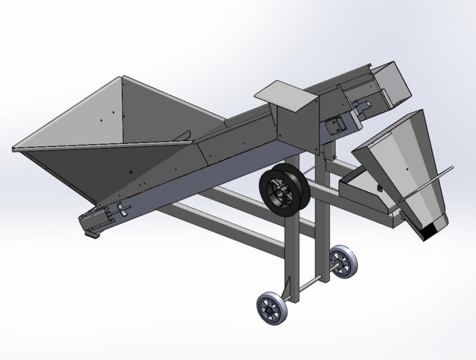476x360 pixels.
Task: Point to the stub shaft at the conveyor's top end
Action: pyautogui.click(x=364, y=105)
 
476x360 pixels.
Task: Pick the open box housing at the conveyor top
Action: pyautogui.click(x=392, y=84)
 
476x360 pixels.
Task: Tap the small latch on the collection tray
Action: pyautogui.click(x=379, y=188)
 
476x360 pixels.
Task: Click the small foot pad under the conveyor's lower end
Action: pyautogui.click(x=92, y=233)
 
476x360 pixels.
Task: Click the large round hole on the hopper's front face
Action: pyautogui.click(x=131, y=172)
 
